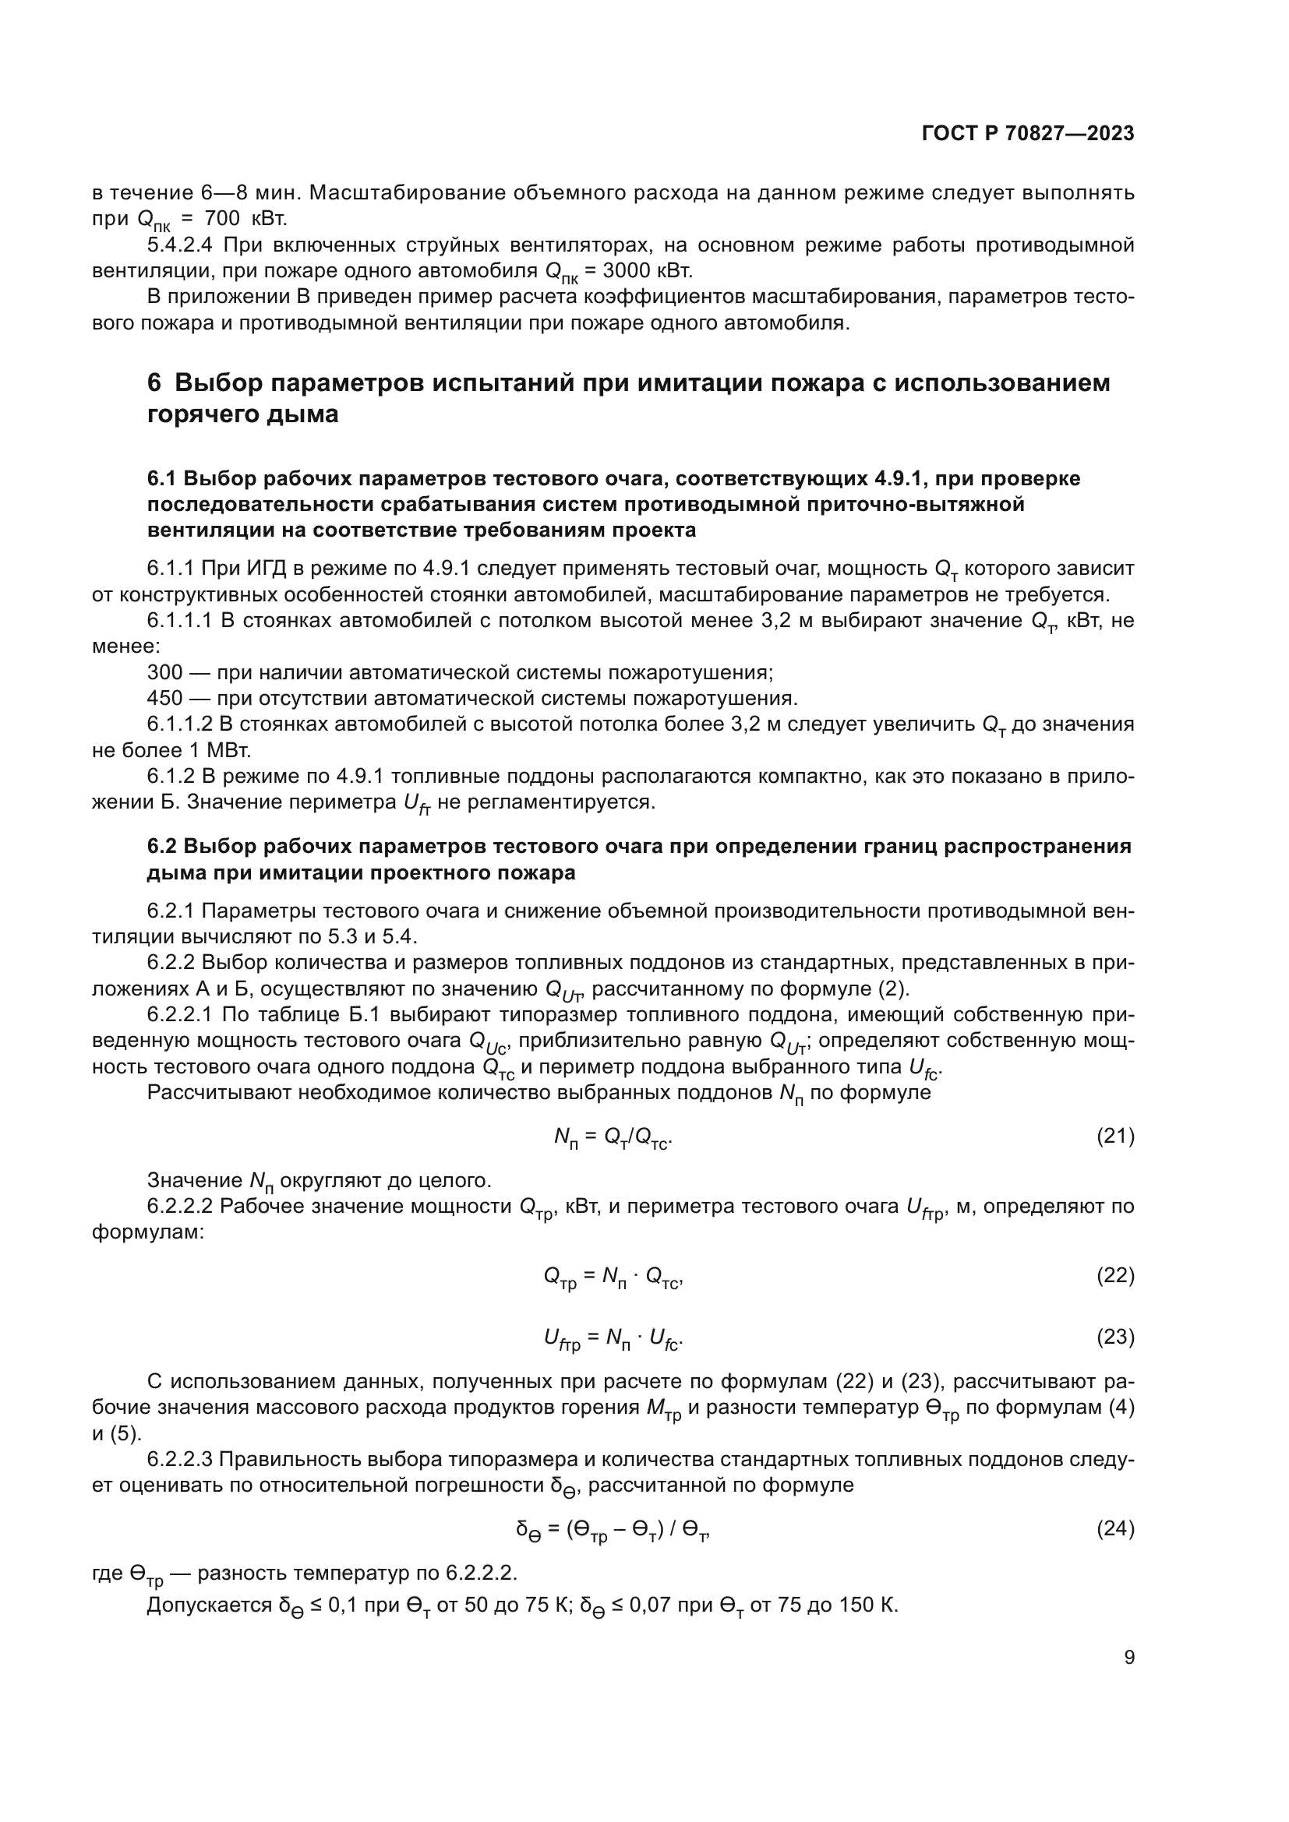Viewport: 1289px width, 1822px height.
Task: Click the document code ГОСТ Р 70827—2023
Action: coord(1027,134)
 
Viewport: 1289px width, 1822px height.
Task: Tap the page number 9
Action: coord(1128,1657)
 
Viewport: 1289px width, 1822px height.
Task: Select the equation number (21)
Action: coord(1115,1137)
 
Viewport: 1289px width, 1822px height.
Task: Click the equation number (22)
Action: coord(1115,1275)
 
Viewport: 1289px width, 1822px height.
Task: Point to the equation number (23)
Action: coord(1115,1337)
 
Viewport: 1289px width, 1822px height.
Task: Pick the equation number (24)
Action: coord(1115,1528)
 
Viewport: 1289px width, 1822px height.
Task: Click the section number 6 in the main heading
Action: coord(154,383)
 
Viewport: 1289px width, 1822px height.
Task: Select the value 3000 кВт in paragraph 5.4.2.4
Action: coord(648,270)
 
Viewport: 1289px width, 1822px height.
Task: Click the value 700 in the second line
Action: coord(222,217)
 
